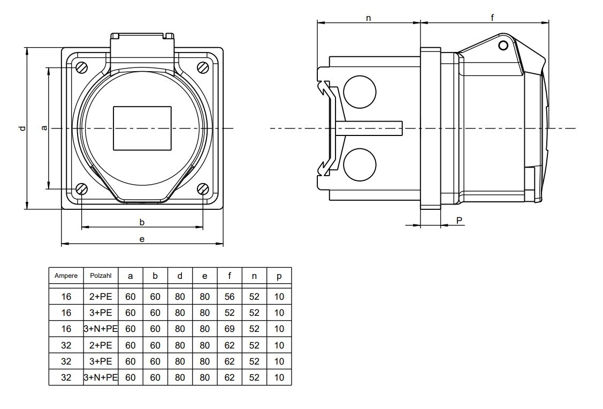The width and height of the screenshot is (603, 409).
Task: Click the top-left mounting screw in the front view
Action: pyautogui.click(x=81, y=67)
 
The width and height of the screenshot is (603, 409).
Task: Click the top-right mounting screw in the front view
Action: pyautogui.click(x=203, y=67)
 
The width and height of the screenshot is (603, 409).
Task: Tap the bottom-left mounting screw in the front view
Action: pyautogui.click(x=81, y=189)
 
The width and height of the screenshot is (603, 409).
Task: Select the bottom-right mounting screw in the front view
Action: pyautogui.click(x=203, y=189)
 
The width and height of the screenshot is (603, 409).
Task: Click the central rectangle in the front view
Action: pyautogui.click(x=142, y=128)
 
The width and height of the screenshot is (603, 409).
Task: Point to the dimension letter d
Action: pyautogui.click(x=22, y=128)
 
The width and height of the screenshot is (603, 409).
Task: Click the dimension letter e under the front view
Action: pyautogui.click(x=142, y=239)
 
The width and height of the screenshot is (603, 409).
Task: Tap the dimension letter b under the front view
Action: pyautogui.click(x=142, y=222)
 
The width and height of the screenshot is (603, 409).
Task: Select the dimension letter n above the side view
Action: pyautogui.click(x=368, y=18)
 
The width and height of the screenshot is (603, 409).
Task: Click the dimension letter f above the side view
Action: pyautogui.click(x=492, y=18)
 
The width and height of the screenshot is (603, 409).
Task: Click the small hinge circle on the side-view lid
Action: pyautogui.click(x=503, y=46)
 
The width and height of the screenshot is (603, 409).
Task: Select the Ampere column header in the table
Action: pyautogui.click(x=66, y=276)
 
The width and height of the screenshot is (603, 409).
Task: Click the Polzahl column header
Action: pyautogui.click(x=101, y=276)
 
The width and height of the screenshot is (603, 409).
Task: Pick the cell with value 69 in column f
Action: pyautogui.click(x=230, y=329)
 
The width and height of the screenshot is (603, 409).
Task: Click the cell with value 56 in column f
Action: pyautogui.click(x=230, y=297)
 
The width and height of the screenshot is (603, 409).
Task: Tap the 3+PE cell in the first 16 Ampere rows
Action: pyautogui.click(x=101, y=313)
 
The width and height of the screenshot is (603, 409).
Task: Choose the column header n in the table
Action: pyautogui.click(x=254, y=276)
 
